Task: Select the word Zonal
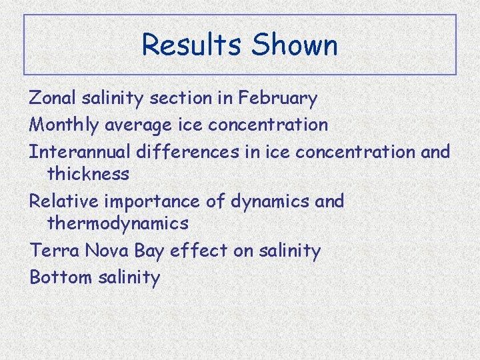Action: [x=53, y=99]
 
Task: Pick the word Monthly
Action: [x=64, y=125]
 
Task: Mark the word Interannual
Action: [x=80, y=151]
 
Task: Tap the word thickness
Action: [x=88, y=174]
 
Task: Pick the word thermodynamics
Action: [x=118, y=223]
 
